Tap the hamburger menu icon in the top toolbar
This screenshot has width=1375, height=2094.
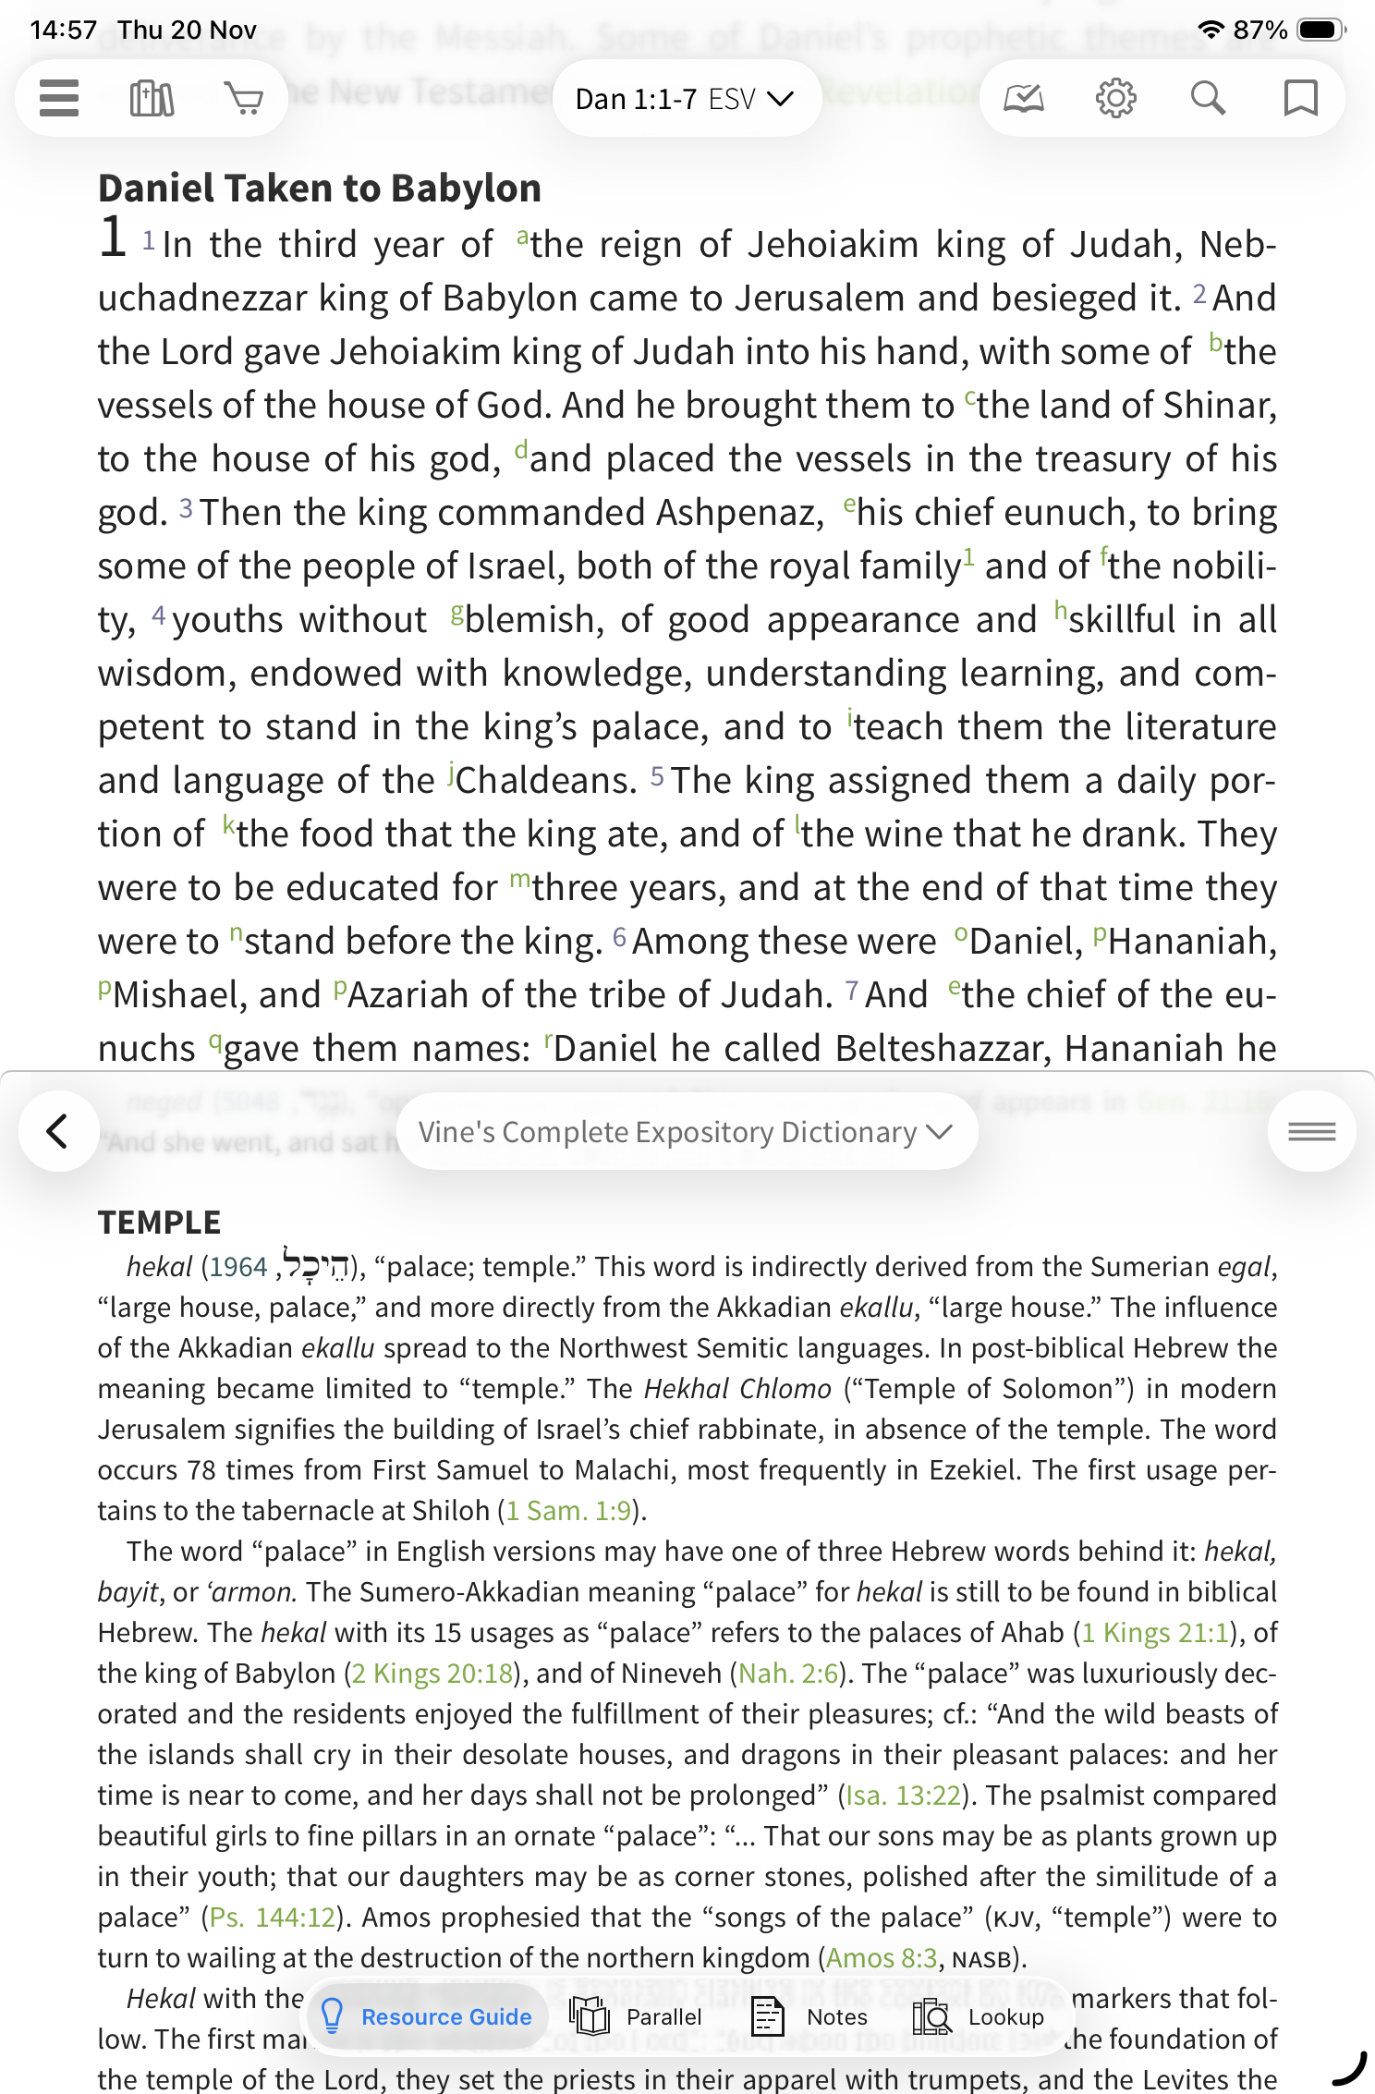point(59,98)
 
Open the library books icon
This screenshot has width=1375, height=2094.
point(152,98)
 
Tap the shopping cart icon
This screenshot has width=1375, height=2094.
point(244,98)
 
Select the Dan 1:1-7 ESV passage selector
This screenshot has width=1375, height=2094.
point(685,99)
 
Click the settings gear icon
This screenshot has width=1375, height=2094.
point(1115,98)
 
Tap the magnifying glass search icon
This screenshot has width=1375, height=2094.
point(1208,98)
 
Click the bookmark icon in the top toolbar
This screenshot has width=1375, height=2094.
point(1300,98)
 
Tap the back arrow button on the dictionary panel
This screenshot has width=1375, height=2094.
point(58,1131)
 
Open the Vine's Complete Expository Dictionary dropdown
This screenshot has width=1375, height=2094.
point(685,1132)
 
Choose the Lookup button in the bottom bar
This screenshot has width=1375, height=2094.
point(979,2016)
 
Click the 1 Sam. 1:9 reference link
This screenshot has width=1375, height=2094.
point(568,1511)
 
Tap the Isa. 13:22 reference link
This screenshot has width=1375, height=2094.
point(904,1796)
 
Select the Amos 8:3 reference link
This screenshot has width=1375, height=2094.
point(882,1958)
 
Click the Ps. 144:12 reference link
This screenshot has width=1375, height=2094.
point(272,1917)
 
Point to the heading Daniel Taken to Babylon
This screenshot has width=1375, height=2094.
point(320,189)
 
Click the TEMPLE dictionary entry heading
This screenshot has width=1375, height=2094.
point(159,1223)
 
